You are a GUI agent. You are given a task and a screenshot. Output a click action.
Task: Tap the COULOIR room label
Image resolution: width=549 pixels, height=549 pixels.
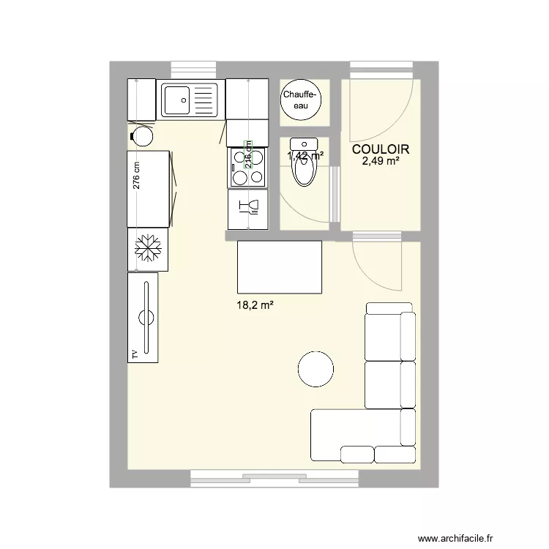pos(380,149)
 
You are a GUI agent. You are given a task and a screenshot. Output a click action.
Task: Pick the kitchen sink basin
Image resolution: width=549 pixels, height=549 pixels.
pos(176,99)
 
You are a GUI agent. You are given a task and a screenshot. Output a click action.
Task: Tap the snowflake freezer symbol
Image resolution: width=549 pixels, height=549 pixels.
pos(148,250)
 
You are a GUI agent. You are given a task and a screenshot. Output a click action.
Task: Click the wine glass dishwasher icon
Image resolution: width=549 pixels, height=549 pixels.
pos(249,209)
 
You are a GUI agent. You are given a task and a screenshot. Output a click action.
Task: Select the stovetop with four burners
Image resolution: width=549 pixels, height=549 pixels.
pos(249,167)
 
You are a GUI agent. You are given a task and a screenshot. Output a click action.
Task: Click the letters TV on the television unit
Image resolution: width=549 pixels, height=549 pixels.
pos(135,354)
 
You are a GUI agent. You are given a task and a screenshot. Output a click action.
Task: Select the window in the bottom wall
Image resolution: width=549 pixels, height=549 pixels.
pos(278,479)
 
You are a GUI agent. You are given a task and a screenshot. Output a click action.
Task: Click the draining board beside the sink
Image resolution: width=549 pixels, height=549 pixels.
pos(205,99)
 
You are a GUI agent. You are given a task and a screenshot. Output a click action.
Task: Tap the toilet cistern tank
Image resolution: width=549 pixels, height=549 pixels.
pos(302,143)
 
